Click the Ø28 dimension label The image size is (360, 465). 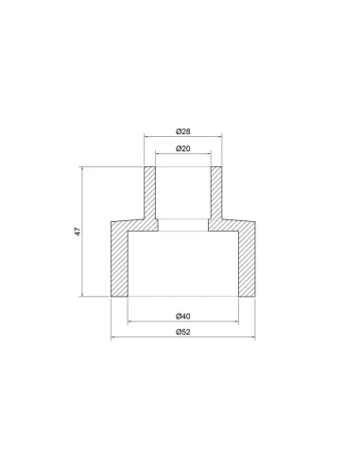click(183, 131)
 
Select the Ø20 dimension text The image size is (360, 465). click(183, 148)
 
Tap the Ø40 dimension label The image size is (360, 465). click(183, 316)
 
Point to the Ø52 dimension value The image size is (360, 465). click(183, 332)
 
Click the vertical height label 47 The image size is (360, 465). click(77, 232)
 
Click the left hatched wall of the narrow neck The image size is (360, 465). click(150, 193)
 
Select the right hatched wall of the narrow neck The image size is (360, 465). click(216, 193)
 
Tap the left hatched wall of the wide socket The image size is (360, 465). click(119, 263)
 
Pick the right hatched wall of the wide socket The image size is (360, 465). click(247, 263)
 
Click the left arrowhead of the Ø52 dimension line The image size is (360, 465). click(113, 337)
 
